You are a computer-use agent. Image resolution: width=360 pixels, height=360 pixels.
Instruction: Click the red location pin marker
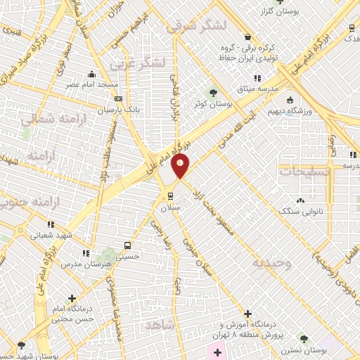pyautogui.click(x=181, y=167)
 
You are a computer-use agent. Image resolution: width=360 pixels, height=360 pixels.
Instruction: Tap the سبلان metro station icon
pyautogui.click(x=169, y=195)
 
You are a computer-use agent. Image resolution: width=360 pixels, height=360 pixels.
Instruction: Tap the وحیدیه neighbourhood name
pyautogui.click(x=270, y=263)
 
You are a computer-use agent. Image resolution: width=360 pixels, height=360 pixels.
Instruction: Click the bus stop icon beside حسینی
pyautogui.click(x=127, y=245)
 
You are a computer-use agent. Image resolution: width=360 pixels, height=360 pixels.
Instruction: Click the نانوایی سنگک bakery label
pyautogui.click(x=300, y=210)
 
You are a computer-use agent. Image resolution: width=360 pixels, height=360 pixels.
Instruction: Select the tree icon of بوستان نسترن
pyautogui.click(x=303, y=338)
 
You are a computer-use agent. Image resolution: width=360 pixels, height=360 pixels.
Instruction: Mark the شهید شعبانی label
pyautogui.click(x=55, y=236)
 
